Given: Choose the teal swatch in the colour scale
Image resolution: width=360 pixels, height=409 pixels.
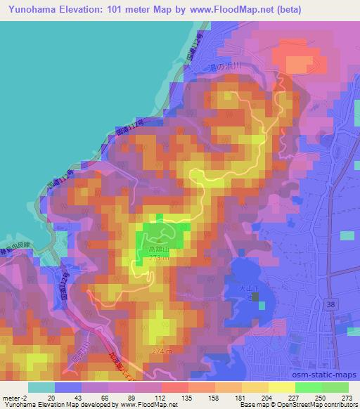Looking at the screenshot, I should coord(41,387).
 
